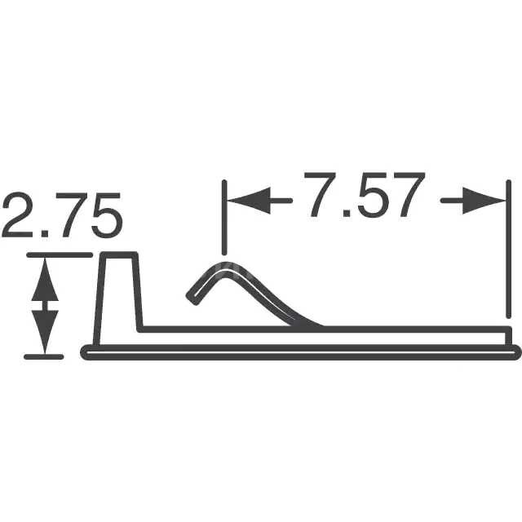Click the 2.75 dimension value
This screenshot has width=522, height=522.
click(62, 215)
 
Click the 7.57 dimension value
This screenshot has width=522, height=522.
click(365, 195)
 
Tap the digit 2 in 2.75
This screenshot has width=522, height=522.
click(17, 215)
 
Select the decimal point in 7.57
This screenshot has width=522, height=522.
click(347, 213)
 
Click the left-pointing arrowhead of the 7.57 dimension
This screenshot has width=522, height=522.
click(249, 201)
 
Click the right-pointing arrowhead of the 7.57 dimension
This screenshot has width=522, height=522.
click(484, 201)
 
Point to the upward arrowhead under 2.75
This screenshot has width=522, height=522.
click(45, 281)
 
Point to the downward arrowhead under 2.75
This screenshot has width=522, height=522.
click(45, 332)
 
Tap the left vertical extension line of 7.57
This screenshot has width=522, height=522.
click(224, 218)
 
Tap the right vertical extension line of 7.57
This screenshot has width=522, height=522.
click(508, 249)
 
